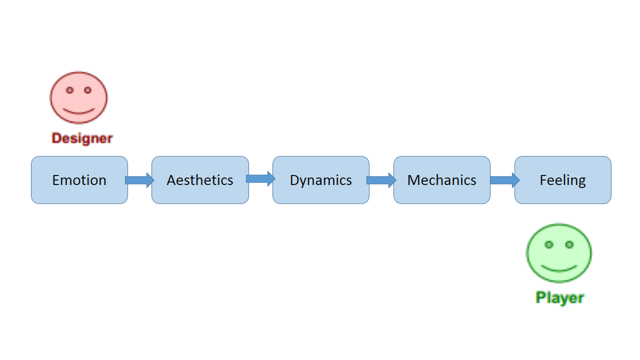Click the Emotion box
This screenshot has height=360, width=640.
(x=79, y=180)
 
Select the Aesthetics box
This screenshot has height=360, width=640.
(x=200, y=180)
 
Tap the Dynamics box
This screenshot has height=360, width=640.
(x=321, y=180)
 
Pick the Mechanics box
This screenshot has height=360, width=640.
(x=442, y=180)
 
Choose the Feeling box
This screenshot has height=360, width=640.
(x=563, y=180)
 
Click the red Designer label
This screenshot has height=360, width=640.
(x=82, y=138)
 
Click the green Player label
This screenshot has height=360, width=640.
(x=559, y=297)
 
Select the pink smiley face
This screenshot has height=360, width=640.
(x=78, y=98)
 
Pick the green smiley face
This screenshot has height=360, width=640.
(x=558, y=253)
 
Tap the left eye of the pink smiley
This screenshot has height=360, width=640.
(x=70, y=90)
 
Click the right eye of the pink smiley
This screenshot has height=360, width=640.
(x=87, y=90)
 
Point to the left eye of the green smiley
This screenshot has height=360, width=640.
(x=548, y=244)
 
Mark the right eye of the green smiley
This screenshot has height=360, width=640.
(x=569, y=244)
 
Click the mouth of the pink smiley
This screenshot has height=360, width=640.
(x=78, y=111)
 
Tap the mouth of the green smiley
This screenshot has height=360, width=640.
(x=559, y=268)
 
